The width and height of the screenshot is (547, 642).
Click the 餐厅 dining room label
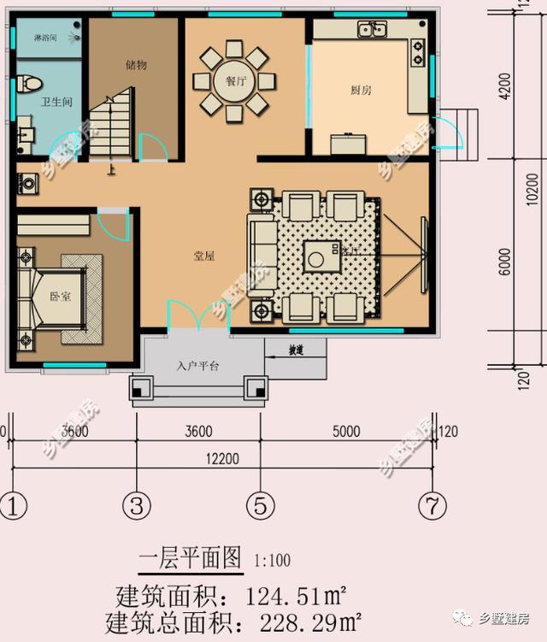coord(231,82)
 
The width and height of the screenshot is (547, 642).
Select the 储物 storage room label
coord(136,65)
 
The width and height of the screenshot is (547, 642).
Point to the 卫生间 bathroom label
coord(56,102)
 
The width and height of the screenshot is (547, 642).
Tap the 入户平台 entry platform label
coord(198,366)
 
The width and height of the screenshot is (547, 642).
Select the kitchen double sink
coord(373,30)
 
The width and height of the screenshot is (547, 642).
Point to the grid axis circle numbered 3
coord(136,505)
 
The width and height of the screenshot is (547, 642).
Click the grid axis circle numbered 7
coord(432,505)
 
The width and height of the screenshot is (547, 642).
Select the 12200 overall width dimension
coord(222,459)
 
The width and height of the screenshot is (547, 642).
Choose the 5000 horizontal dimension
coord(346,432)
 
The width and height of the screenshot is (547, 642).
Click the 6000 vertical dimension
coord(505,262)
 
